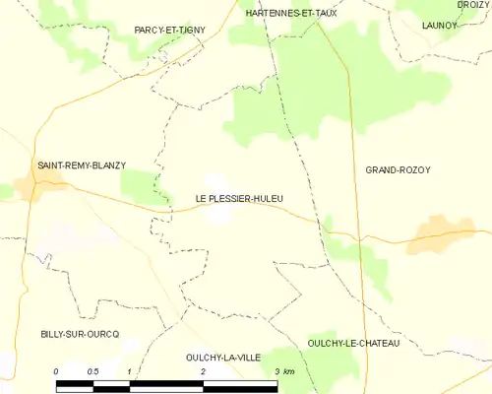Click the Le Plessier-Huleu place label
[x=240, y=199]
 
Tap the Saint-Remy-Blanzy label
[x=82, y=165]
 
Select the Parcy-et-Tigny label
[x=170, y=31]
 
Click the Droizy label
[x=473, y=5]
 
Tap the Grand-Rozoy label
[x=399, y=170]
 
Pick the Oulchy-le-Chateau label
[x=353, y=342]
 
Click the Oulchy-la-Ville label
[x=222, y=358]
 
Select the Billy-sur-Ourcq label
[x=80, y=334]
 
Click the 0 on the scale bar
[x=57, y=371]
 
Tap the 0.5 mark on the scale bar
[x=92, y=371]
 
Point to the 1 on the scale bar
[x=129, y=371]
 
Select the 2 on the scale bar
[x=203, y=371]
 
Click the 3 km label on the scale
[x=283, y=371]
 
